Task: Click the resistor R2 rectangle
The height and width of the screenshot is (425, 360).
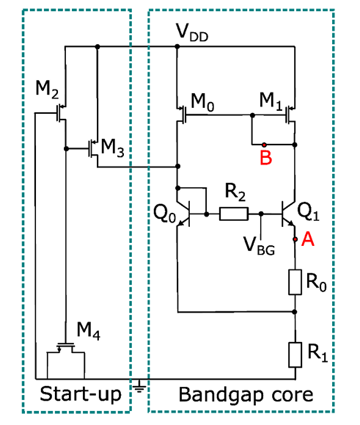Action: (234, 214)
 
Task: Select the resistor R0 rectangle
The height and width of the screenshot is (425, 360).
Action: (295, 282)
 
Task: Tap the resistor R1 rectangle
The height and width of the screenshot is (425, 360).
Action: (295, 355)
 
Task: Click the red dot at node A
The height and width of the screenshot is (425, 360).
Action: (295, 239)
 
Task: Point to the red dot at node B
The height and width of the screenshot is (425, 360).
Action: (264, 145)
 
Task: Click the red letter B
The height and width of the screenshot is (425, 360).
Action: (265, 158)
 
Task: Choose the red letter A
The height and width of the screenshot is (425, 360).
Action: (308, 239)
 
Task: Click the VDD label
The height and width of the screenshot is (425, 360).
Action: (192, 33)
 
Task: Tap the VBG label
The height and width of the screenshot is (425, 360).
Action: (260, 246)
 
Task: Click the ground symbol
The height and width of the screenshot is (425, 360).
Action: (139, 387)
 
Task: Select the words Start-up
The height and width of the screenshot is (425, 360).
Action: (81, 394)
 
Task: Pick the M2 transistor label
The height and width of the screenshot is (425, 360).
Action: (47, 89)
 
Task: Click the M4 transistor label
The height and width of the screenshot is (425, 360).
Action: (89, 331)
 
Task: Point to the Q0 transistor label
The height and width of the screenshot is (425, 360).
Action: (164, 213)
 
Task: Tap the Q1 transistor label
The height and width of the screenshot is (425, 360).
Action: (308, 211)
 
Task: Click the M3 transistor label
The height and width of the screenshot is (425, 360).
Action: (113, 148)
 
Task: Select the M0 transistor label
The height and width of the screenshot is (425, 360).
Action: (203, 103)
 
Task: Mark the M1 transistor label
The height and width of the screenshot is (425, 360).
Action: (271, 101)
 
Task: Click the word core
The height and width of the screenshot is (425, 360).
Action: (293, 395)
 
